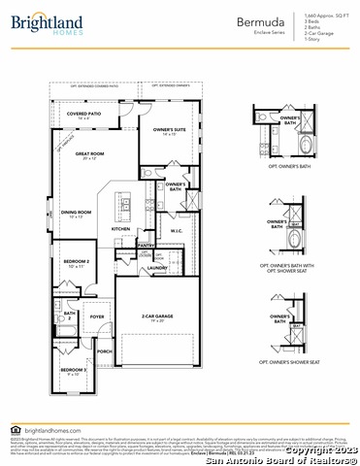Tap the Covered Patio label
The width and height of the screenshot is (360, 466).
click(84, 115)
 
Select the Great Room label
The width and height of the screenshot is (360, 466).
click(90, 154)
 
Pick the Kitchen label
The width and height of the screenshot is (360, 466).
click(120, 229)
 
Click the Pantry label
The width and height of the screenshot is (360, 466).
click(147, 247)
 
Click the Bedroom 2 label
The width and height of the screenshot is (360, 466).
click(77, 263)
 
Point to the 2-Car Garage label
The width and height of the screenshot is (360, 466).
click(157, 316)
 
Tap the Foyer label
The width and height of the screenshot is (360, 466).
click(97, 316)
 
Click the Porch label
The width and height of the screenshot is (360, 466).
click(104, 351)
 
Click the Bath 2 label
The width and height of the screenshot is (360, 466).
click(70, 316)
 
